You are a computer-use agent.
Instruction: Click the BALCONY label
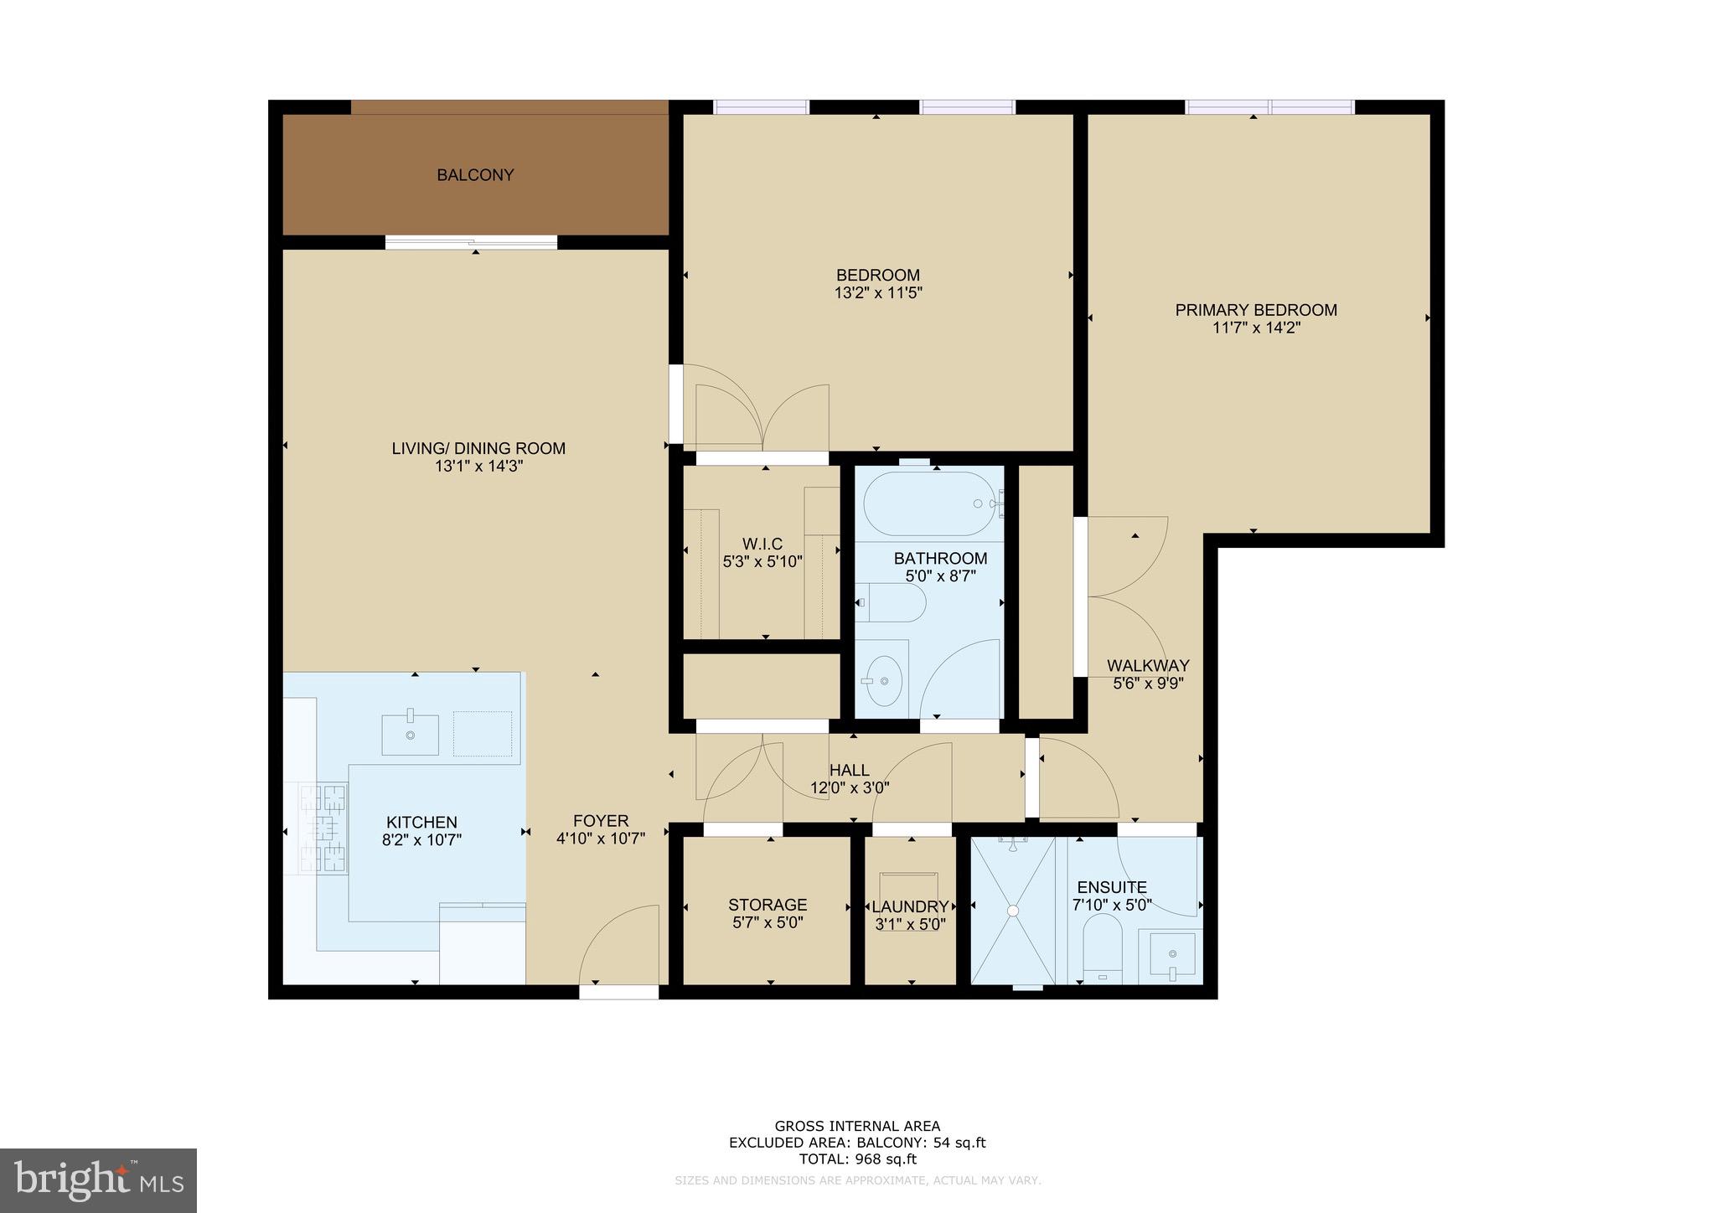click(x=475, y=175)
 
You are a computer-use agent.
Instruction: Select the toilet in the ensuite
click(x=1102, y=947)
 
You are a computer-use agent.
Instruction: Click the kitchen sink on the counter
click(x=410, y=735)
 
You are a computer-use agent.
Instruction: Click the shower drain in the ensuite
click(x=1013, y=910)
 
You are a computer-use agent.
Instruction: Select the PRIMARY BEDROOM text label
click(x=1255, y=310)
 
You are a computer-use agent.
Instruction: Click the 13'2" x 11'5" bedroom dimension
click(x=878, y=293)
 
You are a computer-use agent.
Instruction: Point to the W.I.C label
click(x=762, y=544)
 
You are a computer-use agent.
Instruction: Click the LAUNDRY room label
click(x=910, y=906)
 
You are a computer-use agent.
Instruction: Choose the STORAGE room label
click(x=768, y=905)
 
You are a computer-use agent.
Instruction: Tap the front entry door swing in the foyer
click(x=618, y=947)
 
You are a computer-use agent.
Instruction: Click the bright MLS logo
click(x=99, y=1179)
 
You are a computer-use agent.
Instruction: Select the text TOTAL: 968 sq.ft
click(x=857, y=1159)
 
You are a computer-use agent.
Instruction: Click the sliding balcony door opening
click(x=471, y=242)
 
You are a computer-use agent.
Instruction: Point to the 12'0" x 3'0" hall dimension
click(x=850, y=787)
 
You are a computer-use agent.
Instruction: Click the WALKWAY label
click(x=1148, y=665)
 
